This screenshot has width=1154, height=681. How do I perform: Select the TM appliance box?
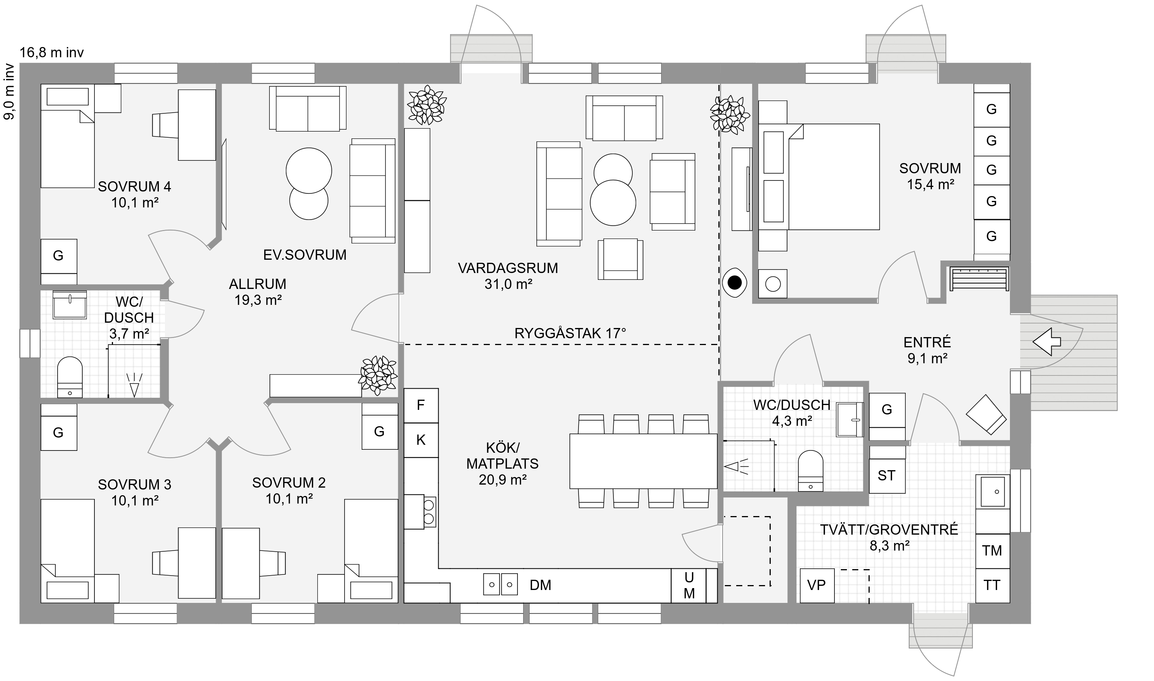pos(992,551)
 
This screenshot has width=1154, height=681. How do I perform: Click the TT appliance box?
pos(992,585)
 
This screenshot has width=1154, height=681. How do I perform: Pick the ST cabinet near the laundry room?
pos(887,476)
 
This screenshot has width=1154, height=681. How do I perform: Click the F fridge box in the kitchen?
pos(420,405)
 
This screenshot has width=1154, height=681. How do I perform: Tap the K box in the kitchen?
pos(420,440)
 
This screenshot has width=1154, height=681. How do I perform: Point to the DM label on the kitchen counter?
pos(540,585)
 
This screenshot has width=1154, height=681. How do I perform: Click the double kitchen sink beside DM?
pos(500,585)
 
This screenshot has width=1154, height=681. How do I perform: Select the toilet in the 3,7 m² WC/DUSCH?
pos(70,377)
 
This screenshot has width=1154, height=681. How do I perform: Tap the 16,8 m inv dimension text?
pos(52,53)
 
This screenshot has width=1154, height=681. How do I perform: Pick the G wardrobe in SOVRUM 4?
pos(59,256)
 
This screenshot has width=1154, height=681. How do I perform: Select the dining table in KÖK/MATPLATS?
pos(643,461)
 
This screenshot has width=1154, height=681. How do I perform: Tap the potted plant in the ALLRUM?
pos(378,375)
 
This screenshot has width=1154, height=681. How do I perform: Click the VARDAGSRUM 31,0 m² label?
pos(508,276)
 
